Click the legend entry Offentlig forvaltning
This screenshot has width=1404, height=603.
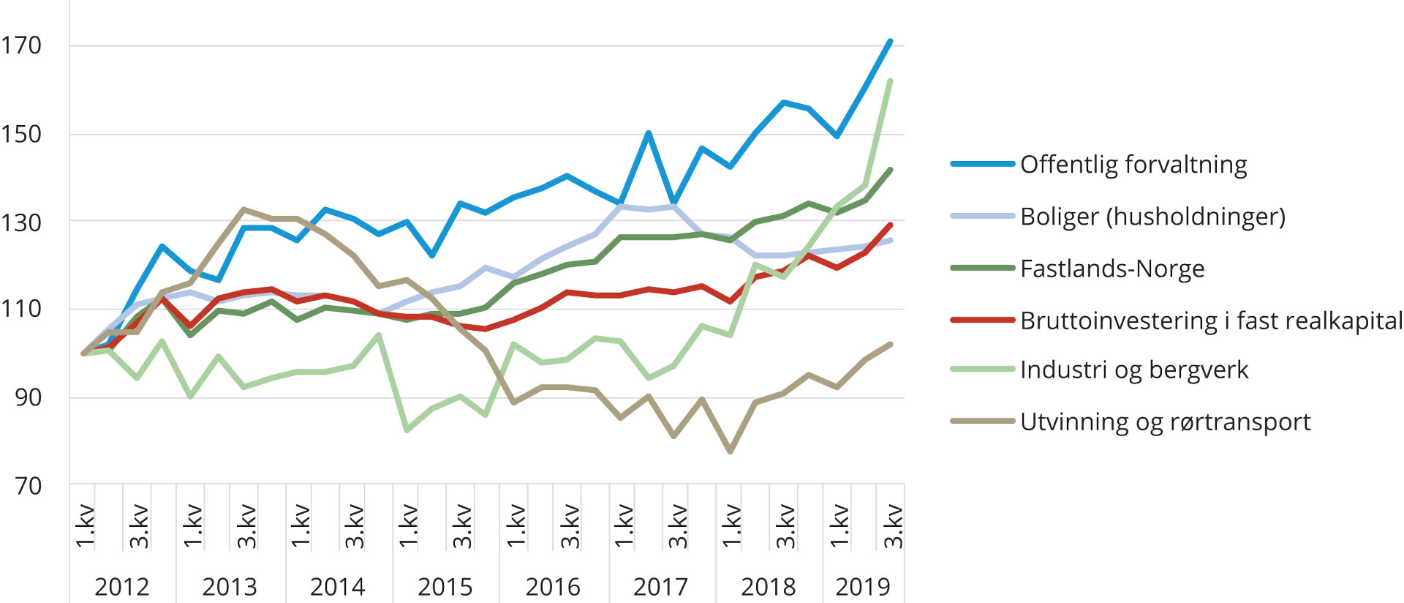click(x=1133, y=165)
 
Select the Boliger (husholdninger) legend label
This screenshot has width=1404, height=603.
click(x=1152, y=217)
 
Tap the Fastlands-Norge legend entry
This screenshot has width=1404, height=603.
click(x=1111, y=269)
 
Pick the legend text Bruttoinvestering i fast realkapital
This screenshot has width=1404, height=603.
click(x=1211, y=321)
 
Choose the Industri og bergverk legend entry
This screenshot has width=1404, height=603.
click(x=1133, y=370)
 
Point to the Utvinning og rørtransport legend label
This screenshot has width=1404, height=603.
click(x=1165, y=422)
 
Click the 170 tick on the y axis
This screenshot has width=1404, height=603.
click(x=21, y=45)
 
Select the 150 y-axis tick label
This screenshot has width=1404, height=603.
click(x=21, y=134)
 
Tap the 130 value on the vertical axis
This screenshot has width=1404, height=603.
click(x=21, y=222)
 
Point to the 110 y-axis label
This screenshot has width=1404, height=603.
click(x=21, y=309)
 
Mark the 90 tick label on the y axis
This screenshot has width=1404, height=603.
click(x=29, y=397)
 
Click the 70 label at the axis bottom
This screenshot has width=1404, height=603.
click(x=29, y=485)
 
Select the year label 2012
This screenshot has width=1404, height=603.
click(x=122, y=586)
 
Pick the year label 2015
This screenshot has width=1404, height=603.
click(x=445, y=586)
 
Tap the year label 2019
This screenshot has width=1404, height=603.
click(x=863, y=586)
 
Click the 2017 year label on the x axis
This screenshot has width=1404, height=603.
click(x=660, y=586)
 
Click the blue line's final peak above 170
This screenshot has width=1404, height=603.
click(x=890, y=41)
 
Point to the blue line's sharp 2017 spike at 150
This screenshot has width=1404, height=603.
click(x=649, y=133)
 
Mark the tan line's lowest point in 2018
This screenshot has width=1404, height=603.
click(x=730, y=452)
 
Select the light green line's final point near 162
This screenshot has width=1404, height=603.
click(x=890, y=81)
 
